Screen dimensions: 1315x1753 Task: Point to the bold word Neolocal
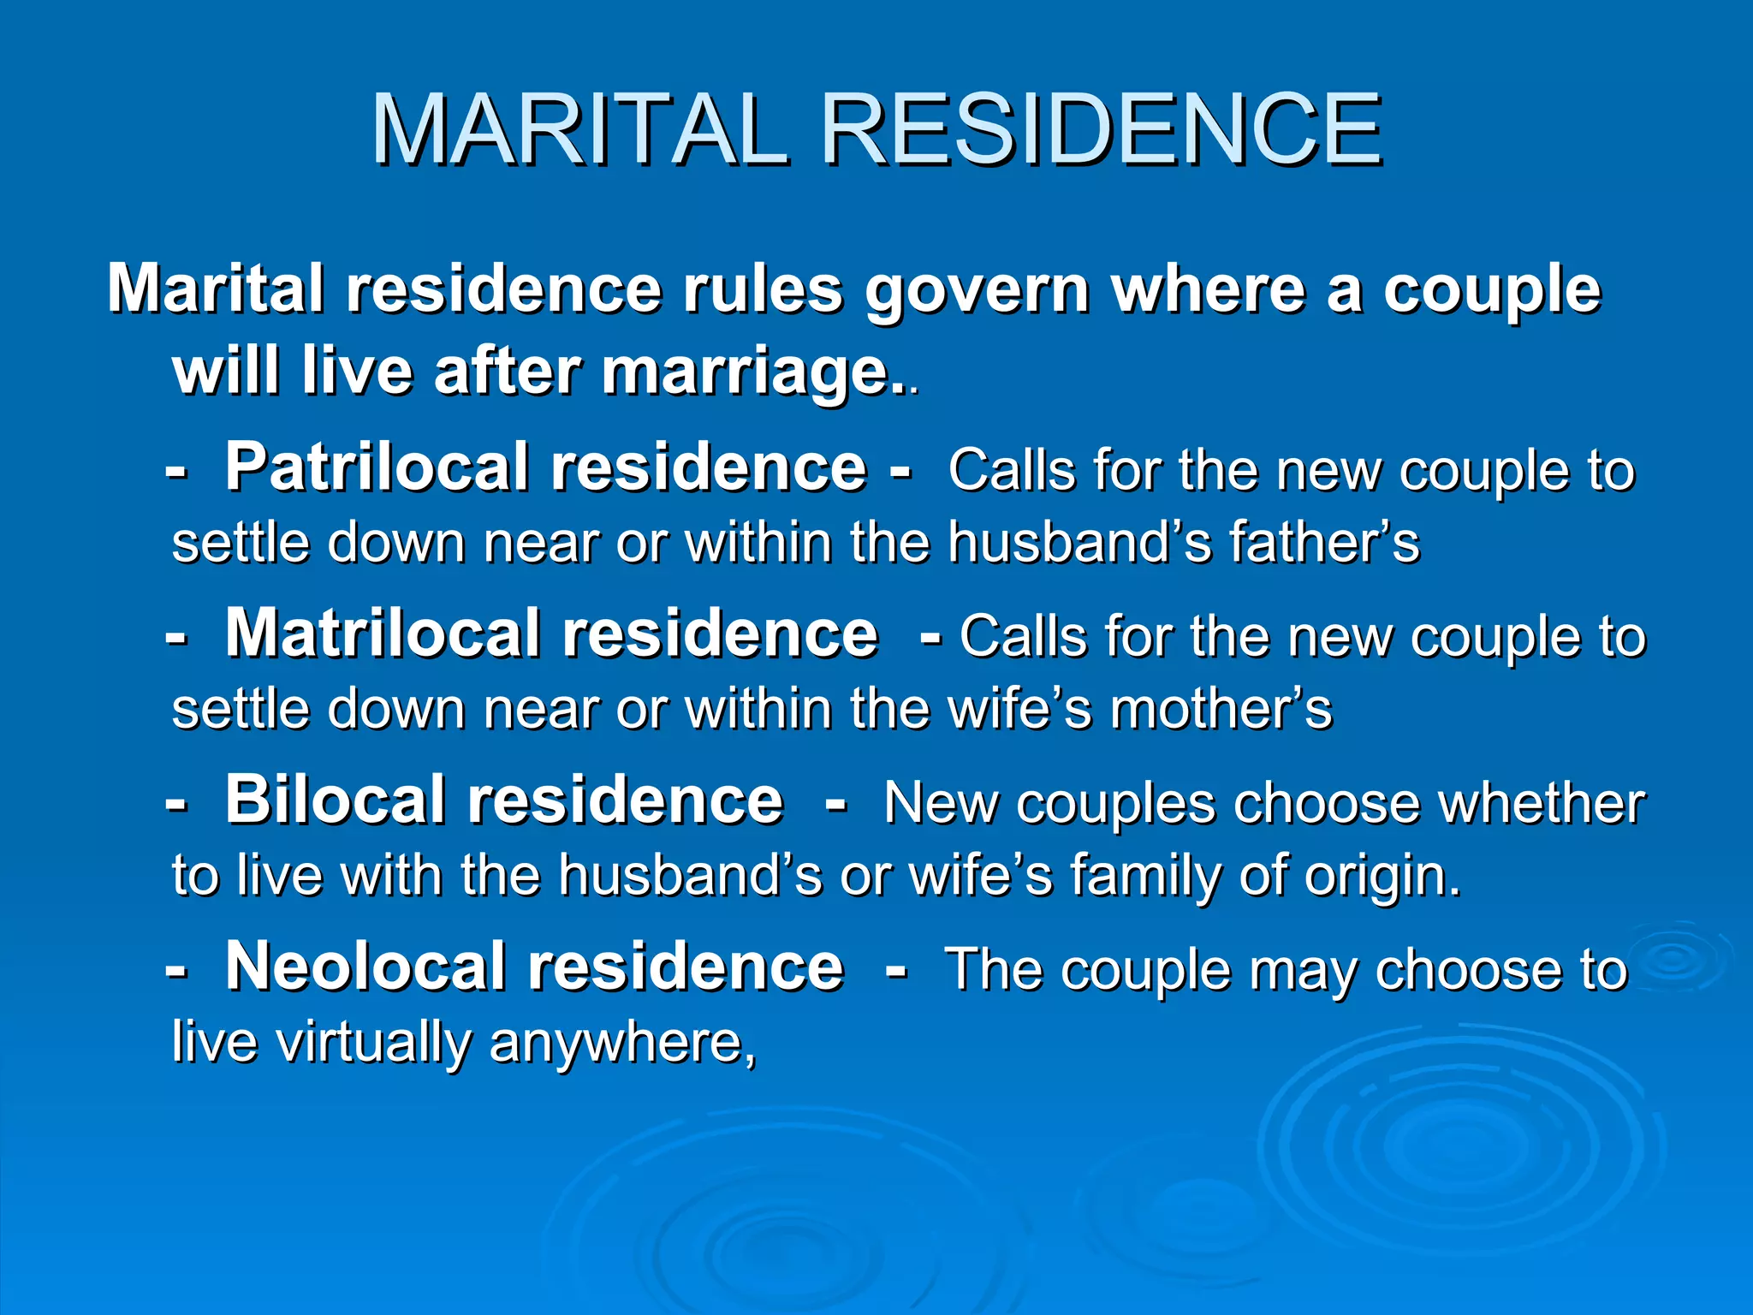365,967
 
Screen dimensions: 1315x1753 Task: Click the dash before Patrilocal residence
176,471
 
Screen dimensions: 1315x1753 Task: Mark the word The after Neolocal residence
992,969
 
